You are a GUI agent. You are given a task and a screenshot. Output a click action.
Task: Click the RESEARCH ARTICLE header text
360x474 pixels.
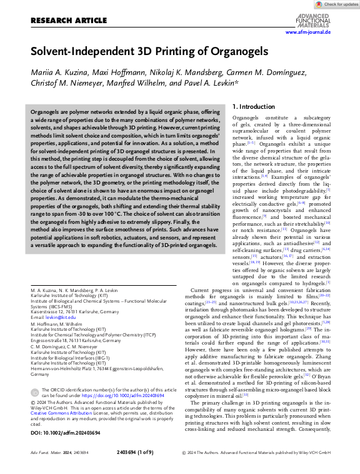(x=68, y=21)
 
